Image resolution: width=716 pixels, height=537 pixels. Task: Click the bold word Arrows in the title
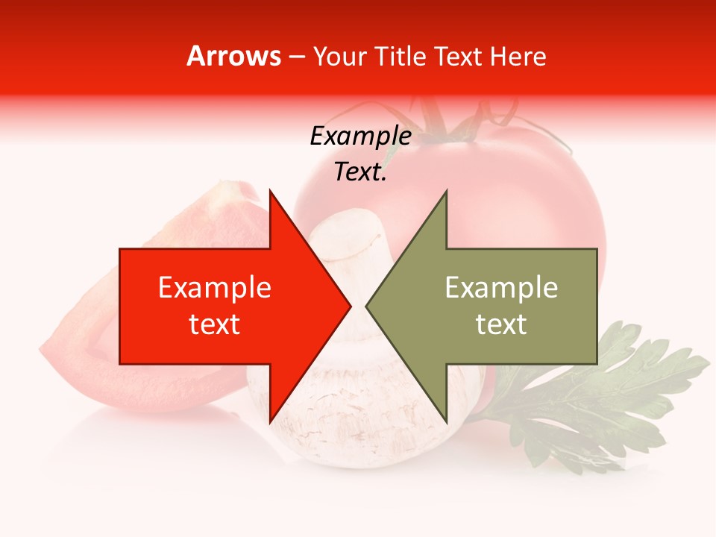tap(234, 56)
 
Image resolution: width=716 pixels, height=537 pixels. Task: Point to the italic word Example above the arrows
tap(360, 136)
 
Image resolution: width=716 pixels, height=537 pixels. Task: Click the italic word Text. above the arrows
tap(360, 172)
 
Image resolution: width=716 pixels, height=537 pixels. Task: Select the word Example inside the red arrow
tap(214, 288)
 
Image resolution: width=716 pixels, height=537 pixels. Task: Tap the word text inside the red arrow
tap(214, 324)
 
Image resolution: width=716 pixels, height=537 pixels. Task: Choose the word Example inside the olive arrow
tap(501, 288)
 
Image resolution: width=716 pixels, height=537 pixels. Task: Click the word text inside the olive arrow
tap(501, 324)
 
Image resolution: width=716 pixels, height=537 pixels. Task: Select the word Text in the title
tap(459, 56)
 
